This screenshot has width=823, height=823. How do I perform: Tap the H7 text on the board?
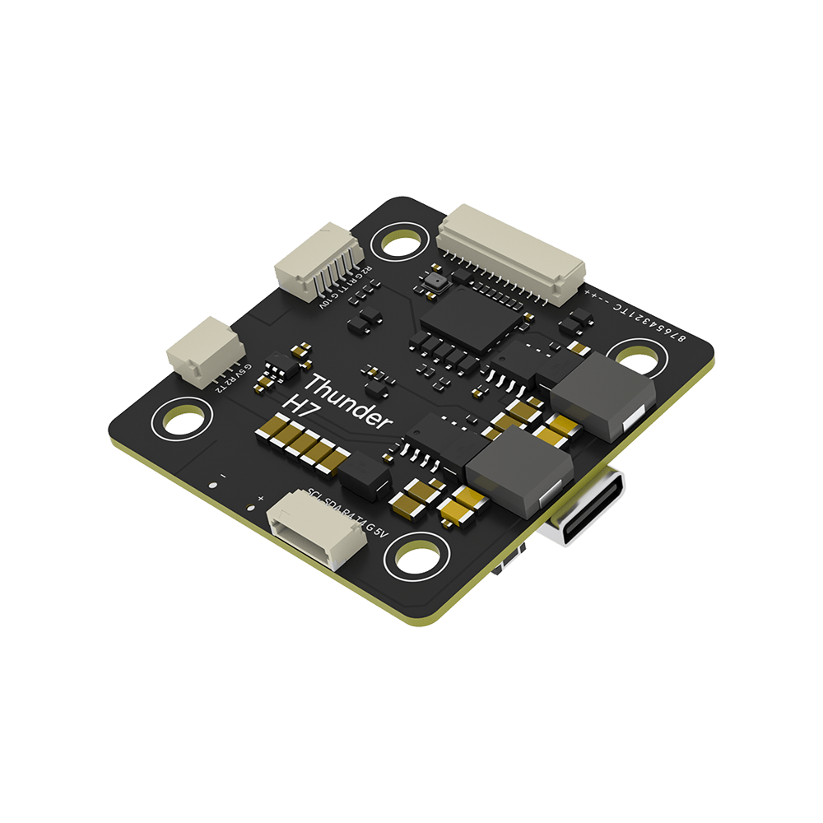(297, 409)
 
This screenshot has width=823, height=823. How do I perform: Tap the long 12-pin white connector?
(511, 252)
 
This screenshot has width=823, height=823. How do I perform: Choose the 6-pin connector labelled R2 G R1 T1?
(317, 264)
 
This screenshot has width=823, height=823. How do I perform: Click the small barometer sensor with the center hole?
(434, 281)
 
